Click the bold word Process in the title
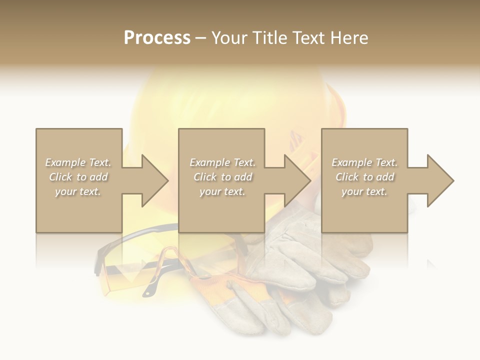(x=157, y=38)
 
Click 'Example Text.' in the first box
(x=78, y=162)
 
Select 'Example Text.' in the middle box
(x=222, y=162)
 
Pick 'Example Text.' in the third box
(x=364, y=162)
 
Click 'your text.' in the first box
(x=78, y=191)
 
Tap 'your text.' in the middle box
(x=222, y=191)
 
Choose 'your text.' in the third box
(x=364, y=191)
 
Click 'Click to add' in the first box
(x=78, y=177)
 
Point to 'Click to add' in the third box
(x=364, y=177)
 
